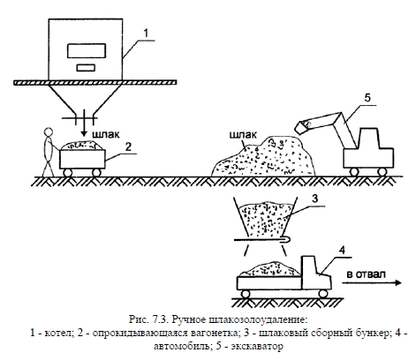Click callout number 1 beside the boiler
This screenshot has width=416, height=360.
pos(147,34)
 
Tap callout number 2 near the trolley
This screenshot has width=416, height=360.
pos(128,146)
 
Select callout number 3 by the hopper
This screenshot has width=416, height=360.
pos(315,199)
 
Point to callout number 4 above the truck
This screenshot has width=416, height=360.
pos(342,251)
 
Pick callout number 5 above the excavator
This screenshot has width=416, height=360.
pos(367,97)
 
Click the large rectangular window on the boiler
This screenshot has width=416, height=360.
pos(87,50)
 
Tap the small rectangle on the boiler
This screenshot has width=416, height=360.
pos(86,68)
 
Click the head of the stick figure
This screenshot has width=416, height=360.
pos(48,132)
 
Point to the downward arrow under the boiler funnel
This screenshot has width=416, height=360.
pos(85,123)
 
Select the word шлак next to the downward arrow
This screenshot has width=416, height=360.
pos(106,134)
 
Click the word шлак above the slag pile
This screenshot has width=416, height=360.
pos(243,135)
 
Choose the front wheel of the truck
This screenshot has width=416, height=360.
pos(323,293)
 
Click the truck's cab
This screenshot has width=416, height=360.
pos(314,273)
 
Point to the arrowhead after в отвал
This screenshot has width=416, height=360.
pos(398,283)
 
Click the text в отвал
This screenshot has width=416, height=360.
pos(366,274)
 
